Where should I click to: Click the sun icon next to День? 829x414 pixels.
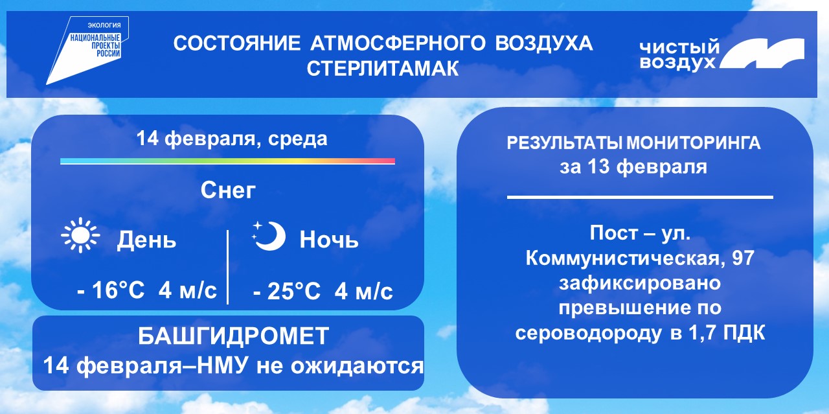tap(80, 236)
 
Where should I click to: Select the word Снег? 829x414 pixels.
tap(228, 190)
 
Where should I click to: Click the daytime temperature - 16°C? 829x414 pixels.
tap(110, 290)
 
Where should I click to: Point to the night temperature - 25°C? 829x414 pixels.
tap(286, 291)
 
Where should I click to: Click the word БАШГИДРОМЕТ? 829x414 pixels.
tap(233, 336)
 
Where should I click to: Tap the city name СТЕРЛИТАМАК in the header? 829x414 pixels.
tap(383, 69)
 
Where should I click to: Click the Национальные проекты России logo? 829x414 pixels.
tap(87, 50)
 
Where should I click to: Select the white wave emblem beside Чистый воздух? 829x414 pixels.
tap(762, 54)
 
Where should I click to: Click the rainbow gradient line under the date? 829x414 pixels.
tap(227, 161)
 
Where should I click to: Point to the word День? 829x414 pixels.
tap(146, 240)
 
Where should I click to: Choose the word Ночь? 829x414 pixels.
tap(329, 239)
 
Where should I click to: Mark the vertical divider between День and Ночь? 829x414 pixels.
tap(227, 267)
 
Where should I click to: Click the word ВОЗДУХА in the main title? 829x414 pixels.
tap(544, 44)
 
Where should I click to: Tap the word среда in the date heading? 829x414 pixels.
tap(298, 139)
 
